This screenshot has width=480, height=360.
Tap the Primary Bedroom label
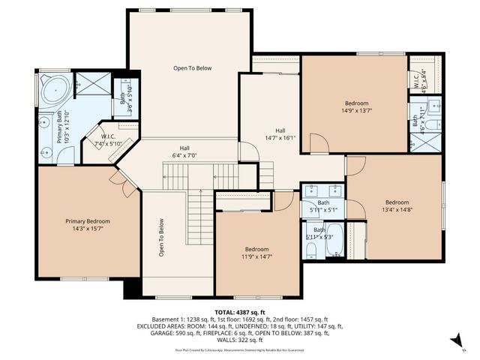coord(88,221)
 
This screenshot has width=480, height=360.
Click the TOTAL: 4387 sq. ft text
coord(239,311)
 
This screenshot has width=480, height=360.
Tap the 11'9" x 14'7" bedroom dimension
coord(256,256)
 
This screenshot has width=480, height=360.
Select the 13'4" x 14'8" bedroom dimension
coord(397,210)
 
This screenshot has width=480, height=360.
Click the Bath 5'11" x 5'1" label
coord(322,210)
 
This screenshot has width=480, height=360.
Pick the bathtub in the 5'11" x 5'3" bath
coord(335,241)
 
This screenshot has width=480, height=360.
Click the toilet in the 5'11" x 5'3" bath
coord(335,256)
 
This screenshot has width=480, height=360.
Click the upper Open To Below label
coord(193,68)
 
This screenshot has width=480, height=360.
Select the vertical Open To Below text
coord(160,238)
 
